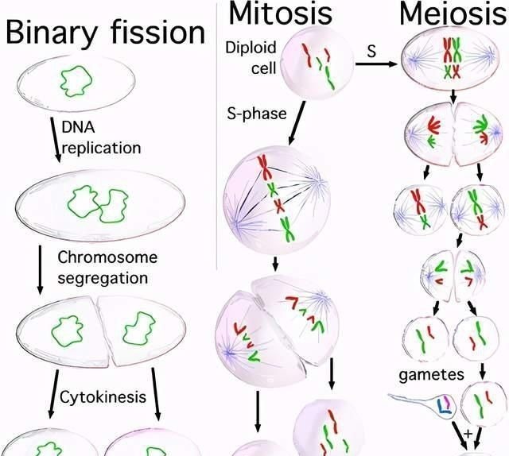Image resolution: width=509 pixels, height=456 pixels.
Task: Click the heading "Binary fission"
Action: coord(105,33)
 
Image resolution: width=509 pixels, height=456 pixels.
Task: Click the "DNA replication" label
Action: coord(101,137)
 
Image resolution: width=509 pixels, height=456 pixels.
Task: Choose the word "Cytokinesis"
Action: coord(103,397)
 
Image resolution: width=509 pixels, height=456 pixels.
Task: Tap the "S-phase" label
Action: coord(254,114)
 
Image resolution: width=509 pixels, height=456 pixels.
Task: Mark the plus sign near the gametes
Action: coord(467,435)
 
